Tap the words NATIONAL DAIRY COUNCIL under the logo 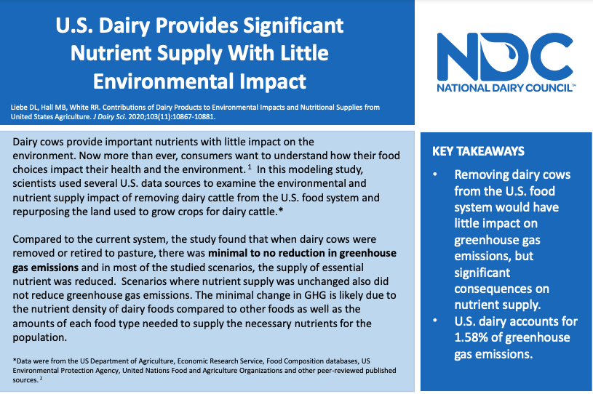506,88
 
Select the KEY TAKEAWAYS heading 478,151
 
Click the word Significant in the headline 293,25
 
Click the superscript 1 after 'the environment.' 250,167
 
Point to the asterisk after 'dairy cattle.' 281,210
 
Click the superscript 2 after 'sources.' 41,378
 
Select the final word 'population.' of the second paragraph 40,338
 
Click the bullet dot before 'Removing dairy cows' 435,174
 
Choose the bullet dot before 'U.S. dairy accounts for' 435,321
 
